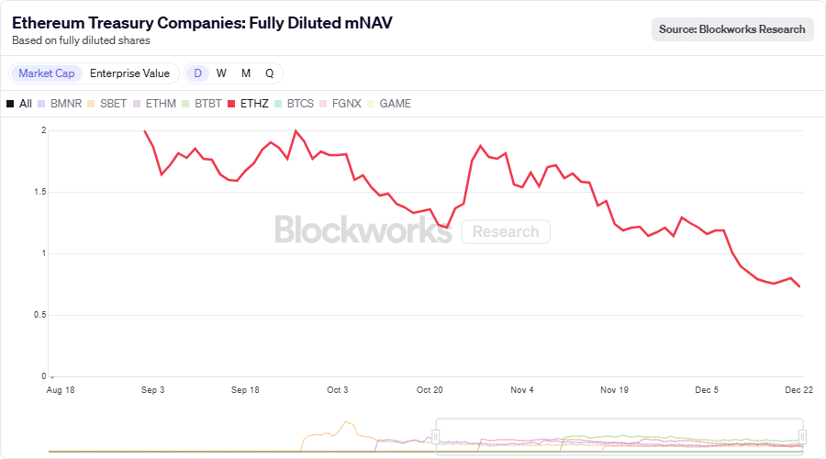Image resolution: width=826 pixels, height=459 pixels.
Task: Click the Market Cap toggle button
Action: click(x=47, y=73)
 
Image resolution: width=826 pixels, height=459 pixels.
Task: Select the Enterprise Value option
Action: click(x=129, y=73)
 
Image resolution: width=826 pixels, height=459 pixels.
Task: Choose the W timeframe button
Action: click(x=221, y=73)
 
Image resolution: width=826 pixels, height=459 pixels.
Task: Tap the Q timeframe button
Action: click(x=270, y=73)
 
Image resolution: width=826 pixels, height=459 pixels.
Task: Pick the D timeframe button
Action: click(x=197, y=73)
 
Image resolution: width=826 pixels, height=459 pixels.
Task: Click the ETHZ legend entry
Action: click(x=248, y=104)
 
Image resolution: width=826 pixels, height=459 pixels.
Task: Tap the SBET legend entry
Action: click(x=106, y=104)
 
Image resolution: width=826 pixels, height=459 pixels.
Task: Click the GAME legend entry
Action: click(x=388, y=104)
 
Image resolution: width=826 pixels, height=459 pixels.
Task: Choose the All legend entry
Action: click(x=19, y=104)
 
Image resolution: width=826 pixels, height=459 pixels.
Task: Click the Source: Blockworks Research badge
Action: click(x=732, y=29)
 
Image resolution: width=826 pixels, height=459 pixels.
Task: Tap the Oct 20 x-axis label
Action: click(x=430, y=390)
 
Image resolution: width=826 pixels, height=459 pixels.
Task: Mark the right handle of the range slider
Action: click(x=802, y=437)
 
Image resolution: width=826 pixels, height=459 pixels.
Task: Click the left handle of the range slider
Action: click(x=436, y=437)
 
